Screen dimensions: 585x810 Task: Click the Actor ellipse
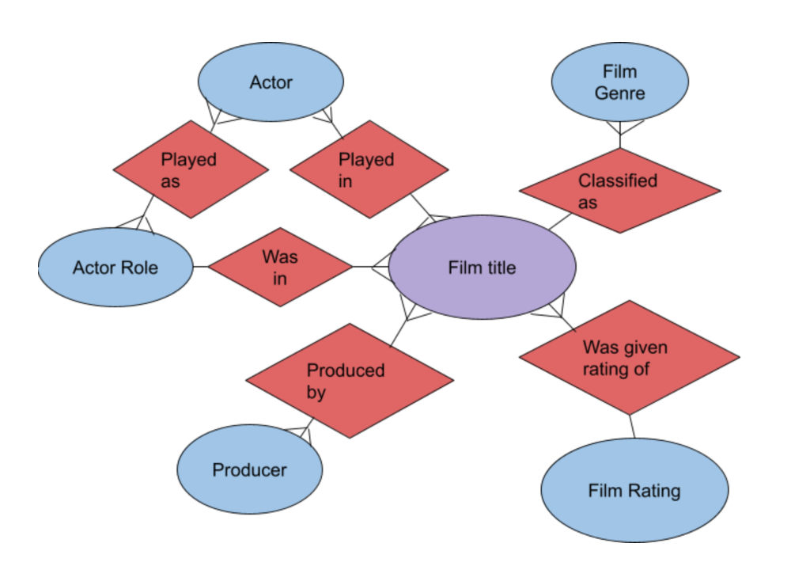click(x=270, y=82)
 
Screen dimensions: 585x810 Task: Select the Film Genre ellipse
click(x=619, y=82)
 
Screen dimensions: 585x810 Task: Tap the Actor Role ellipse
click(x=115, y=268)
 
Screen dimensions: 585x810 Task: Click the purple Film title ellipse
click(x=482, y=268)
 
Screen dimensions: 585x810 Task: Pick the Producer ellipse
click(x=249, y=470)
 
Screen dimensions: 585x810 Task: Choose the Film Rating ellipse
click(x=634, y=491)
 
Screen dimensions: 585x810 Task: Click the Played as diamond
click(x=190, y=169)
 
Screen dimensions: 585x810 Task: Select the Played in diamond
click(x=369, y=169)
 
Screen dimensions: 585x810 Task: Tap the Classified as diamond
click(x=619, y=191)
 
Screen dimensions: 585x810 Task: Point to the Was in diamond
click(x=280, y=268)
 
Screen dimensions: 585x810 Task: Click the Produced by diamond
click(x=349, y=381)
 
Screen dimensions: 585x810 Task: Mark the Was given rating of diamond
click(x=629, y=357)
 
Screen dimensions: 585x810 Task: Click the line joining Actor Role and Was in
click(x=200, y=267)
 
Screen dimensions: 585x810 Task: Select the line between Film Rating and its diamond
click(x=631, y=426)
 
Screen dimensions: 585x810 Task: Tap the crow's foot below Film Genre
click(x=620, y=128)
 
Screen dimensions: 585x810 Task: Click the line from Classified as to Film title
click(x=560, y=221)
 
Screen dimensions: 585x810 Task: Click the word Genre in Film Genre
click(x=619, y=93)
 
